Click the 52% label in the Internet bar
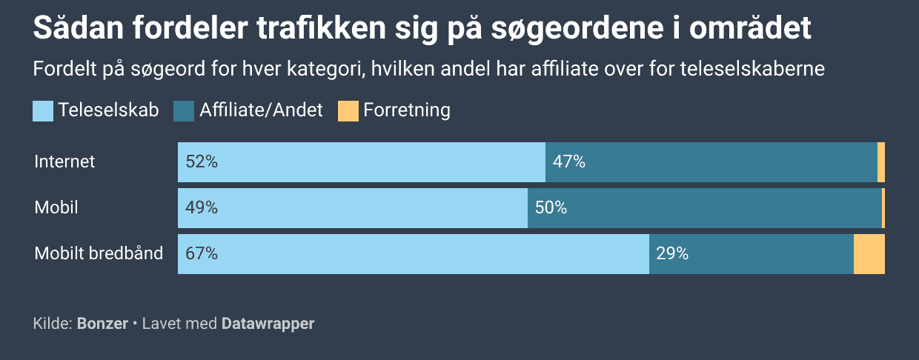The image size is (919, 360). [202, 161]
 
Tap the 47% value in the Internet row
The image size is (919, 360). [568, 161]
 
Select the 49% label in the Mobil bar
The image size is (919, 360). [202, 207]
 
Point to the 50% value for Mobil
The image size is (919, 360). [551, 207]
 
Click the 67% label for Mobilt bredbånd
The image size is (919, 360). [202, 253]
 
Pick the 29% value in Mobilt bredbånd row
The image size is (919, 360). [672, 253]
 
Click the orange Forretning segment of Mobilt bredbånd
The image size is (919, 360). [869, 254]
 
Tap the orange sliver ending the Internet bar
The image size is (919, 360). [881, 162]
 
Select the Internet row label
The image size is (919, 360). [64, 161]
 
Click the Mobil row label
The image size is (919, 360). [56, 207]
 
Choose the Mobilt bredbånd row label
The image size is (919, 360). [99, 253]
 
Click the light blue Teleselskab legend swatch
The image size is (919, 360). [43, 111]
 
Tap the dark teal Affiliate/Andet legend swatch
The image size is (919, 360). [183, 111]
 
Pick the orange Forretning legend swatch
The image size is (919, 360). [348, 111]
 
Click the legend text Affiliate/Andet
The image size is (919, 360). [261, 110]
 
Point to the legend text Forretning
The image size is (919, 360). [407, 110]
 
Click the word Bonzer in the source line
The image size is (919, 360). [102, 324]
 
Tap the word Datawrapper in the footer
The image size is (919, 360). [268, 324]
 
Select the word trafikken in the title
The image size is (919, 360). [321, 28]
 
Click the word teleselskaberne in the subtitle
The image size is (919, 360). [752, 68]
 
